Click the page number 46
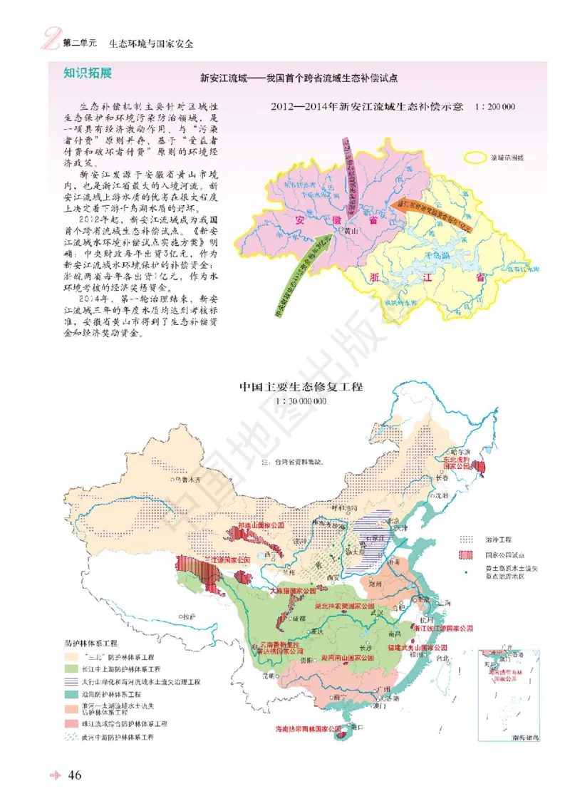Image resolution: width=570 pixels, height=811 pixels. coord(76,775)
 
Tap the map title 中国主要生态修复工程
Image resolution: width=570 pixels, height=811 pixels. coord(301,388)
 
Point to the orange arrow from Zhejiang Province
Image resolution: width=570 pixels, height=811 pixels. coord(432,210)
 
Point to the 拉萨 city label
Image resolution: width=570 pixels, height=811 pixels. coord(188,614)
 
